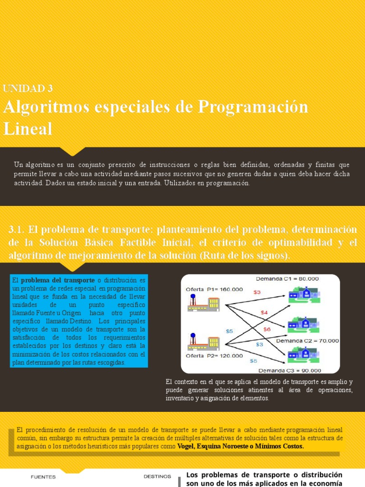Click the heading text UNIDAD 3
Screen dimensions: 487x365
[28, 88]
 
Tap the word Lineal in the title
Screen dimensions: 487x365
[28, 128]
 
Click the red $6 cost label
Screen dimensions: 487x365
[267, 329]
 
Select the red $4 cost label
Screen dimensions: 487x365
[264, 312]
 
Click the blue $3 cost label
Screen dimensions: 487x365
[259, 344]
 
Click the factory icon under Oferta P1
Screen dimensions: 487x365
[203, 302]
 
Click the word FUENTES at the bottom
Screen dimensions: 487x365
[43, 477]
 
